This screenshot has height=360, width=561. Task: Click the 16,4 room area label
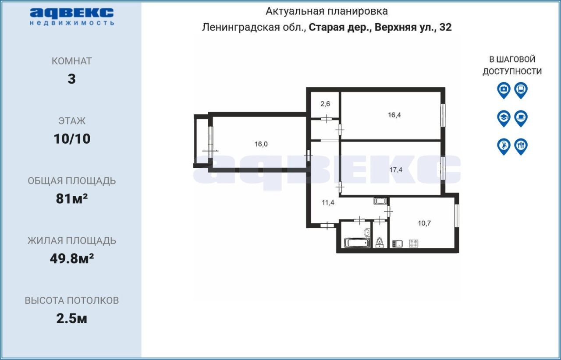pos(394,115)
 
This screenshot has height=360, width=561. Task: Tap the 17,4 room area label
pos(396,170)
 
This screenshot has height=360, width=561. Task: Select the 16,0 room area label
pos(261,144)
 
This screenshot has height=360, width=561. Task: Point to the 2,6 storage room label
pos(325,104)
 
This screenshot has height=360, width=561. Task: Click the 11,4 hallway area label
pos(328,202)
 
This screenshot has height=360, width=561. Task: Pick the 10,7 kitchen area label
pos(424,223)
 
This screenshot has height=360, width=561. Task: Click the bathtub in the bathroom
pos(357,243)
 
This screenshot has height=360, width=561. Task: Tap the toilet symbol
pos(380,243)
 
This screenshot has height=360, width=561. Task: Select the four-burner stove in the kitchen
pos(413,244)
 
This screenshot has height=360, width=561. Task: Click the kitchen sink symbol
pos(397,244)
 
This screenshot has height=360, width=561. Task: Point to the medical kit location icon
pos(504,90)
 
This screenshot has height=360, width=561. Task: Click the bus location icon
pos(521,90)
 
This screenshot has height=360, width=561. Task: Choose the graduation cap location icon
pos(504,118)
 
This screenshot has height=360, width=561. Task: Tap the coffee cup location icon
pos(521,118)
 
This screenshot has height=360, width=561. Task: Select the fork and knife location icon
pos(521,147)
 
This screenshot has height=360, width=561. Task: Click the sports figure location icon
pos(504,147)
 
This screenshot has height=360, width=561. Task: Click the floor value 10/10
pos(72,139)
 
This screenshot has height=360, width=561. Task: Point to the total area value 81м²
pos(72,199)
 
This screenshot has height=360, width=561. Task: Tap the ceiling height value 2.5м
pos(71,319)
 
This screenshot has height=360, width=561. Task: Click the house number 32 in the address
pos(445,27)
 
